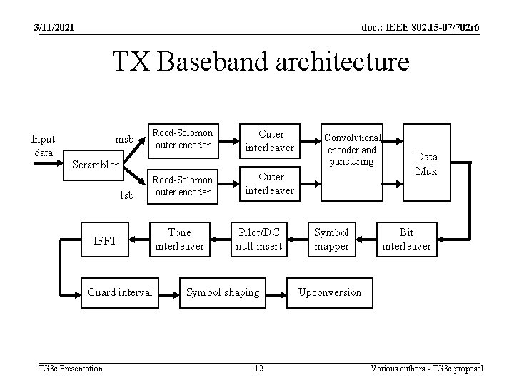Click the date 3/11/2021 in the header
(53, 28)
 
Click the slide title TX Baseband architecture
(261, 63)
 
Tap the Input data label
(43, 145)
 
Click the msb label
(125, 138)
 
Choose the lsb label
(126, 195)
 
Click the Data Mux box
(427, 163)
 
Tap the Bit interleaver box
(406, 239)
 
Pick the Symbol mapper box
(332, 239)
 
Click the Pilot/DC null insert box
(260, 239)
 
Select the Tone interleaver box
(179, 239)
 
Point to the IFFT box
(104, 240)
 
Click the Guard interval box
(119, 292)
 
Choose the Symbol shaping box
(223, 292)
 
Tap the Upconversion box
(330, 292)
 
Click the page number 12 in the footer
(258, 368)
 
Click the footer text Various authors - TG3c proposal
(427, 368)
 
